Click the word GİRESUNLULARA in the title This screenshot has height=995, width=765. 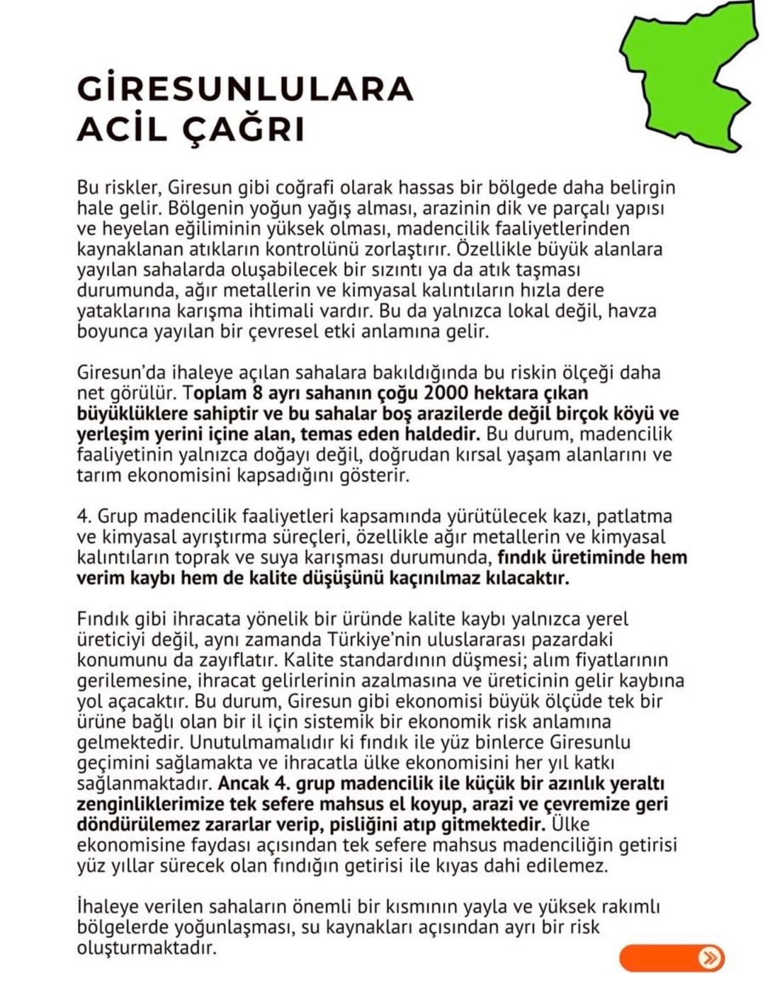244,89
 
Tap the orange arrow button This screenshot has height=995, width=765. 671,957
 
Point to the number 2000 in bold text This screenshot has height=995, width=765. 419,393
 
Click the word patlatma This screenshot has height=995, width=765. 633,517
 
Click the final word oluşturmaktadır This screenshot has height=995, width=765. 146,948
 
